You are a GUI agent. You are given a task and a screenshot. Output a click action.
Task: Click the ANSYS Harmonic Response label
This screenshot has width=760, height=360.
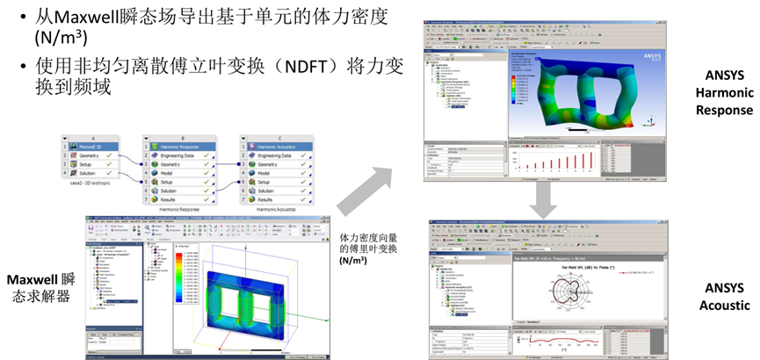coord(723,93)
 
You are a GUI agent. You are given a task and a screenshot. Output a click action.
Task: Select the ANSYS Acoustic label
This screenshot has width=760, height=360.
coord(723,296)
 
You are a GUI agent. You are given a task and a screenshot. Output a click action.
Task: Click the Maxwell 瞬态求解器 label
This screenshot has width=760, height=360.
coord(38,287)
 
